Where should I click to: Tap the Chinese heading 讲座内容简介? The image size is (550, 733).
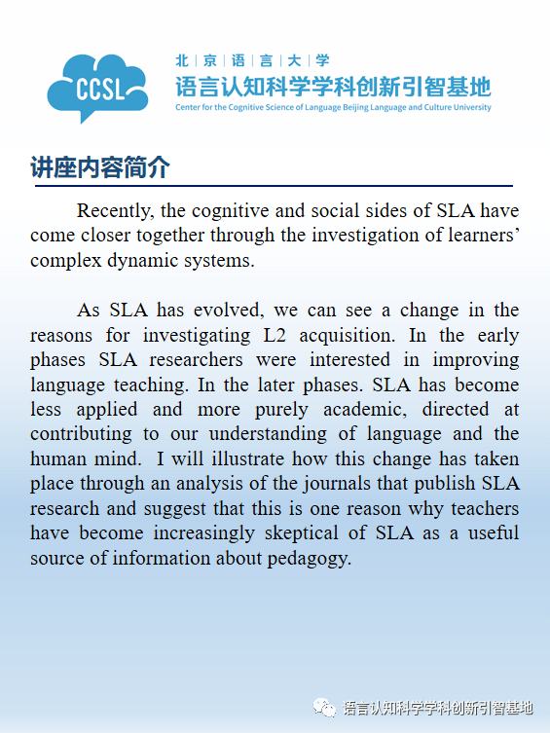(x=100, y=167)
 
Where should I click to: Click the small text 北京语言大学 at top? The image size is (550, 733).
(x=252, y=60)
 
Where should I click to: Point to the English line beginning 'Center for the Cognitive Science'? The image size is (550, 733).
(x=333, y=107)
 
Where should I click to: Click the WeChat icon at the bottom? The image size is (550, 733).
(x=324, y=708)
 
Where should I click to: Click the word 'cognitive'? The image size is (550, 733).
(x=268, y=211)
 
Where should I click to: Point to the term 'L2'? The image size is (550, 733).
(x=276, y=335)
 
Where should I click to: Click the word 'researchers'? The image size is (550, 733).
(x=202, y=360)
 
